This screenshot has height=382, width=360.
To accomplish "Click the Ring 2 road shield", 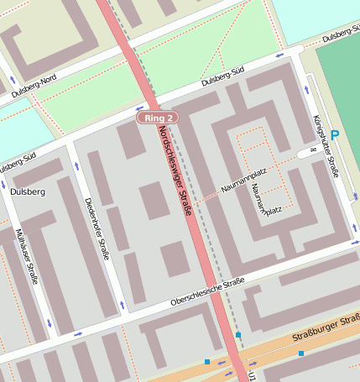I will [159, 118].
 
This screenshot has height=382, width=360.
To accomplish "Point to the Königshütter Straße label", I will [325, 146].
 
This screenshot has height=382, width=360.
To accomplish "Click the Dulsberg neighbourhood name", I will [28, 191].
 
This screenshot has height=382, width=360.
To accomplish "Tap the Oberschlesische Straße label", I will [206, 294].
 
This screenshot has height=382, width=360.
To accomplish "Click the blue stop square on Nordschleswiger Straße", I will [238, 335].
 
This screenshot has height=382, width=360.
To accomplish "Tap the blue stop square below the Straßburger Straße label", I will [300, 353].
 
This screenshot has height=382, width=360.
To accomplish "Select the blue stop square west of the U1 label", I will [206, 362].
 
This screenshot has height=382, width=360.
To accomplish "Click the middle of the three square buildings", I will [154, 201].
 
